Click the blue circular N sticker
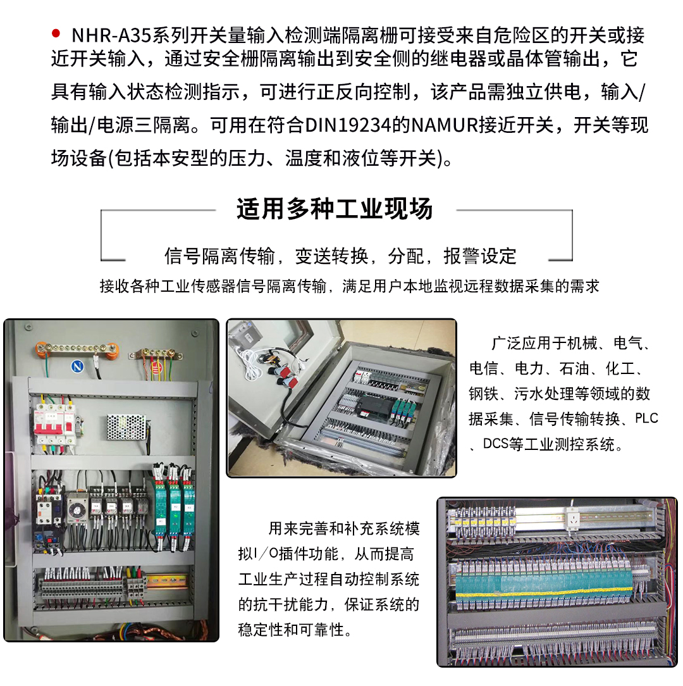(x=77, y=366)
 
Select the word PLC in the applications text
(x=646, y=418)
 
